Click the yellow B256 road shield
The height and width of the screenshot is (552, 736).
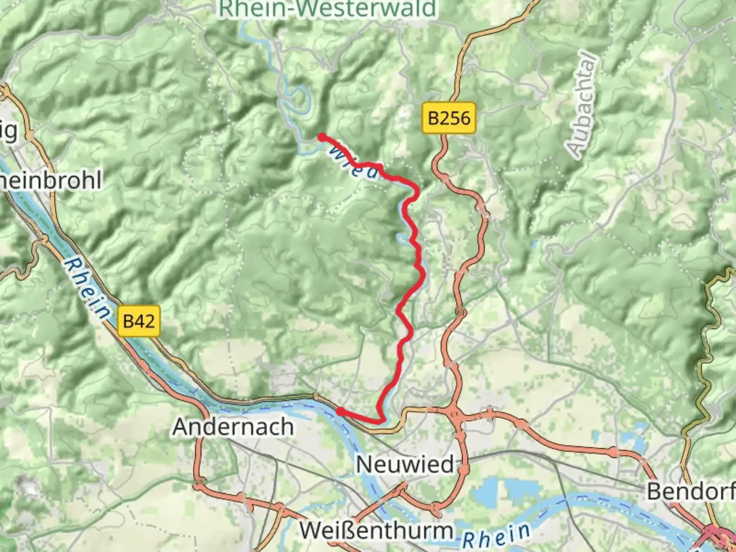[449, 119]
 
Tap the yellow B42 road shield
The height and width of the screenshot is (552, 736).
[139, 321]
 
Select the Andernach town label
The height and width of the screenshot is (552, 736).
[233, 426]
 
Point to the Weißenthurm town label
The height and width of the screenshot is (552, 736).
[376, 530]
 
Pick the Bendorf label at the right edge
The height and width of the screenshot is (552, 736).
[690, 491]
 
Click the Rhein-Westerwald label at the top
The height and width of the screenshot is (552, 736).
[328, 9]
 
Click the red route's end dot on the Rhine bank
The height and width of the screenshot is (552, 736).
[340, 411]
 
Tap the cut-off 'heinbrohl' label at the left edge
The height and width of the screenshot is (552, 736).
[51, 180]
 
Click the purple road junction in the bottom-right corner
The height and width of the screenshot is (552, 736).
[718, 535]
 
